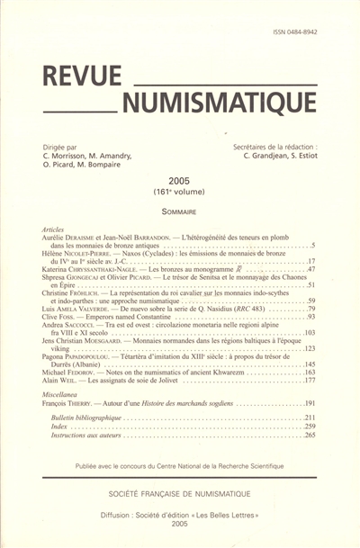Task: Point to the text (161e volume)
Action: (180, 193)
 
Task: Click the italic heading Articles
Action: (55, 229)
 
